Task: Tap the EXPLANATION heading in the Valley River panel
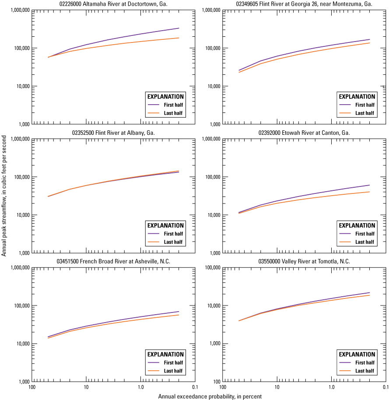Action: (357, 354)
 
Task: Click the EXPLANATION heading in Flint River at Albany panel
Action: (166, 225)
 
